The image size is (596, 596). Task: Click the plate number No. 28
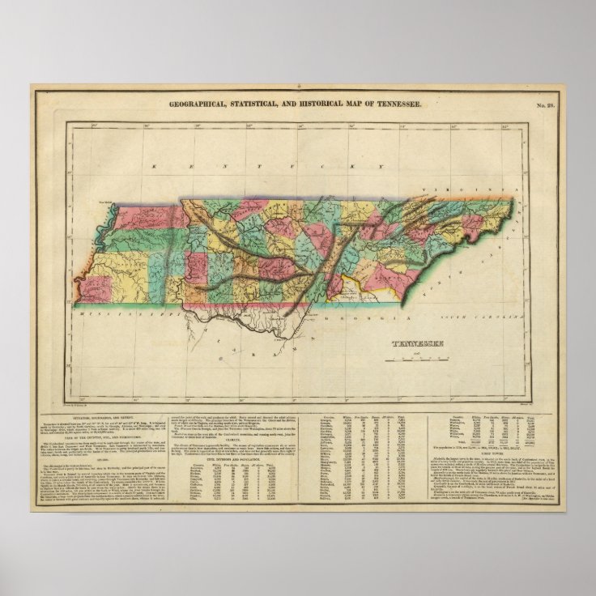coord(543,105)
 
